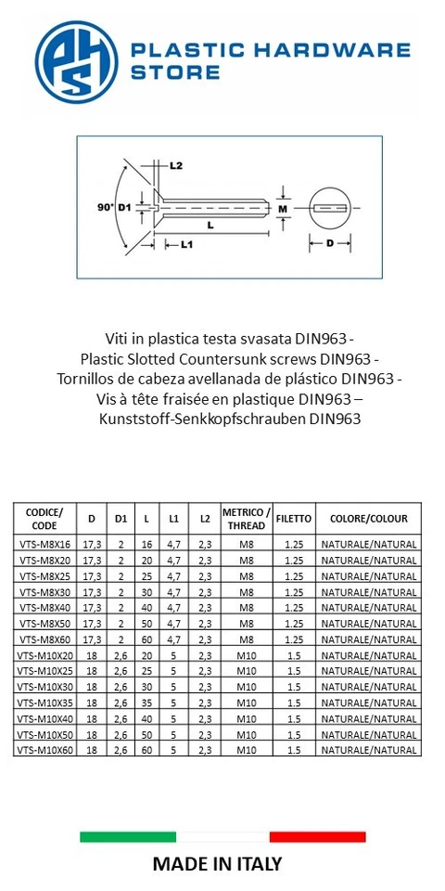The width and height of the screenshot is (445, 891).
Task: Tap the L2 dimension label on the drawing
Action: coord(176,165)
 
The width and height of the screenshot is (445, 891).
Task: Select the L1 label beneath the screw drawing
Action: coord(184,245)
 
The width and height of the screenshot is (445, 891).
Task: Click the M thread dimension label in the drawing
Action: coord(285,210)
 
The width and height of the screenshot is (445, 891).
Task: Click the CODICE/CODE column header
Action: coord(44,518)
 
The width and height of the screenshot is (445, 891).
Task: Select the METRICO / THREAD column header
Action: coord(247,518)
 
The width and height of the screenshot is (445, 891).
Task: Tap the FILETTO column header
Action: coord(294,518)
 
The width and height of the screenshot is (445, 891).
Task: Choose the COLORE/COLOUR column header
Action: coord(368,518)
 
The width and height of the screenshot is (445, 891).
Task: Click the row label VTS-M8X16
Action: coord(44,545)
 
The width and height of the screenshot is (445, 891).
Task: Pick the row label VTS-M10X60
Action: coord(44,749)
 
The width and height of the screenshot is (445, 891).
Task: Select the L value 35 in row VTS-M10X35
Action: coord(146,702)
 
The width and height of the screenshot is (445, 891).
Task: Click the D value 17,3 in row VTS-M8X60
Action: coord(91,639)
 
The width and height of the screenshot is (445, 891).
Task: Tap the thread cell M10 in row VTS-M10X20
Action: coord(247,655)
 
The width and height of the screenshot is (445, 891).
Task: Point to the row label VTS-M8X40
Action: coord(44,608)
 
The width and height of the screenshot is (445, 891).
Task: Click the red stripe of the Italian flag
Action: coord(317,836)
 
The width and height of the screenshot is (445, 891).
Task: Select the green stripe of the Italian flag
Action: coord(127,836)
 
